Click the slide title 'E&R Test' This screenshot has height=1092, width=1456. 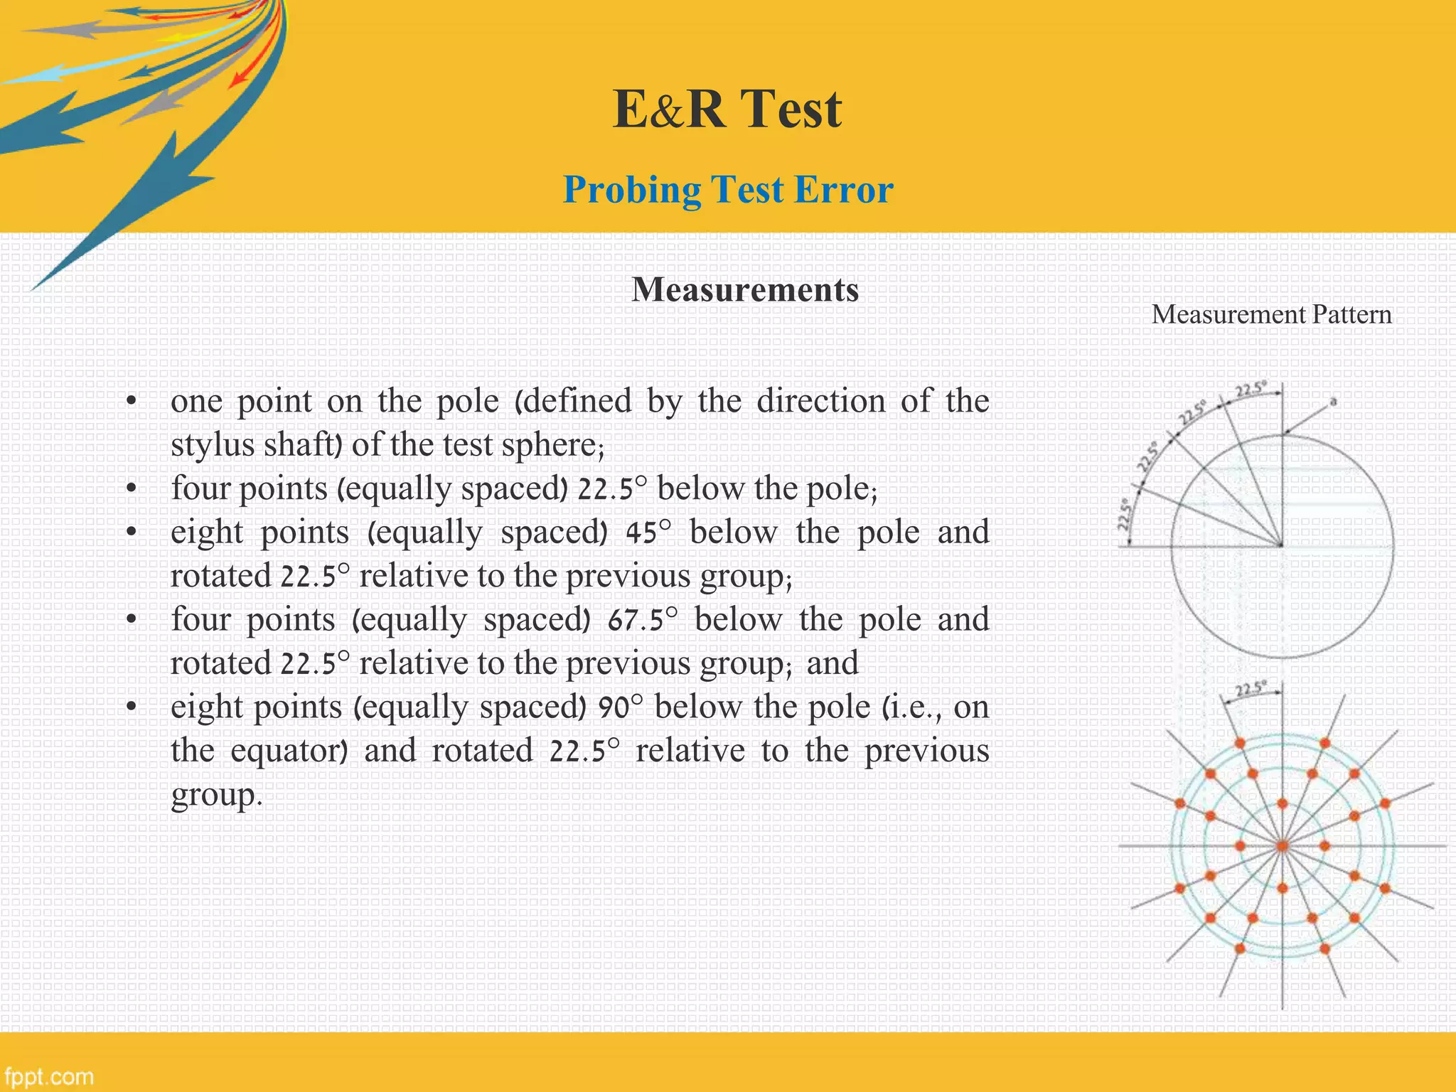pos(727,109)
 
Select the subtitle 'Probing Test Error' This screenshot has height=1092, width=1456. pos(727,190)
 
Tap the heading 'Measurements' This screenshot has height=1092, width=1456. pos(745,290)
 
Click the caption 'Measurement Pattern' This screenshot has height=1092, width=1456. pos(1271,315)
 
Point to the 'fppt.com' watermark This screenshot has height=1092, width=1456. pos(48,1076)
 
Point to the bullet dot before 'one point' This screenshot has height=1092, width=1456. pos(131,403)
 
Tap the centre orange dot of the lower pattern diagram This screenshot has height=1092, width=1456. pos(1282,846)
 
